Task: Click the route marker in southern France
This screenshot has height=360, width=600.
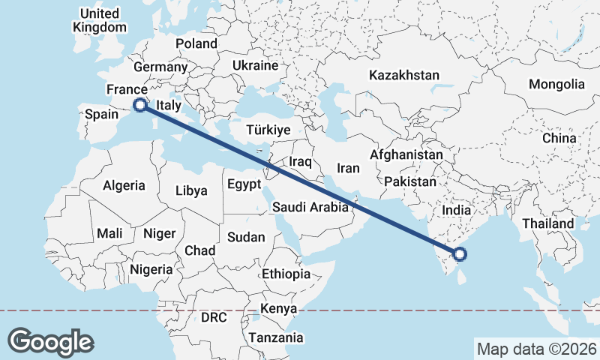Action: coord(139,106)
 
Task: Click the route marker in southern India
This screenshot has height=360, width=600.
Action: coord(460,255)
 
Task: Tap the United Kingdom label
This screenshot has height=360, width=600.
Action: coord(99,20)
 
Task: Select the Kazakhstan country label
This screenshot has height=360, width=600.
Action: coord(403,75)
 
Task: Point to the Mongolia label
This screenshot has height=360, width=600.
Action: coord(556,84)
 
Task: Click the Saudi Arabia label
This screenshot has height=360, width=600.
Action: coord(310,207)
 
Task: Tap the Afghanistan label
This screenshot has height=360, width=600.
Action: coord(406,154)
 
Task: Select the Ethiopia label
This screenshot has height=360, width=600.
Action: coord(286,274)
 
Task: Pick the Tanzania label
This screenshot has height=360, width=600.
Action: coord(276,337)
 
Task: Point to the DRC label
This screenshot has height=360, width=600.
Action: coord(214,317)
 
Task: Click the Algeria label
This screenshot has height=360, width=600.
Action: coord(124,185)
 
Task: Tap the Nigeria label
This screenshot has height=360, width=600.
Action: coord(151,268)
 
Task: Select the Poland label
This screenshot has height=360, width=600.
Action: coord(196,43)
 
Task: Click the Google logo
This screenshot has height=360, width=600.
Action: coord(50,341)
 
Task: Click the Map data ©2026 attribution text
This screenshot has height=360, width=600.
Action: coord(536,349)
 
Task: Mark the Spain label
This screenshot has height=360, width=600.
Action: coord(102,114)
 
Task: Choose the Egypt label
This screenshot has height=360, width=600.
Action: coord(244,184)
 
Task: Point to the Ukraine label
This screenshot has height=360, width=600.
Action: coord(255,65)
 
